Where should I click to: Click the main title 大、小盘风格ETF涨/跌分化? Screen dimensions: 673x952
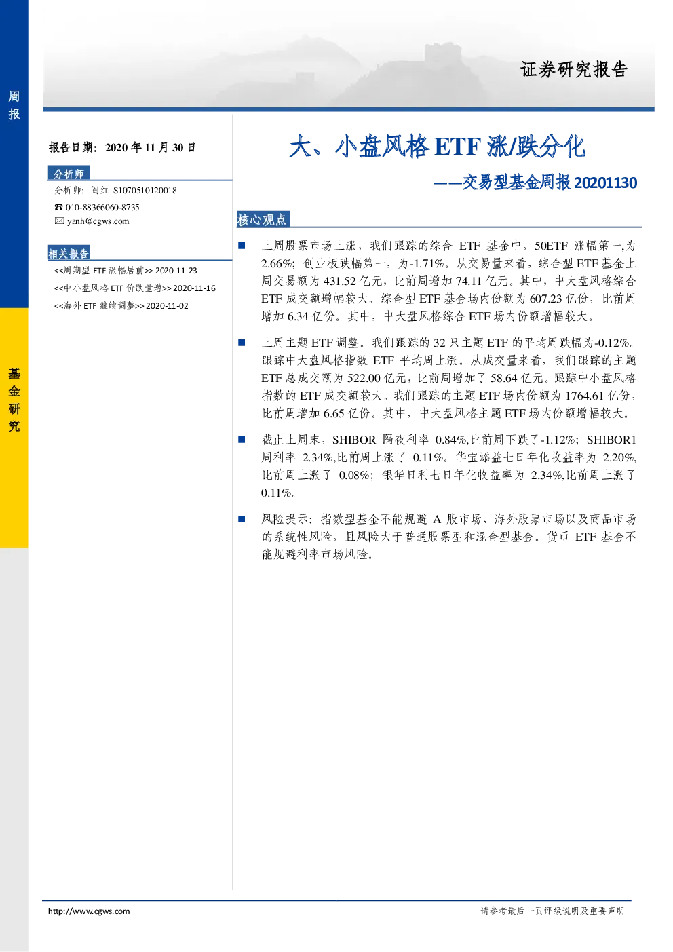[437, 147]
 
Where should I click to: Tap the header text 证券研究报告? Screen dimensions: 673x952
[574, 70]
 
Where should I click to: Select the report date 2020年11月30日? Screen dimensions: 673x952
[151, 147]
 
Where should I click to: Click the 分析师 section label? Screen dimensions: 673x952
[69, 174]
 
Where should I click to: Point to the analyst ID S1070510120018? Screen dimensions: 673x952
[145, 191]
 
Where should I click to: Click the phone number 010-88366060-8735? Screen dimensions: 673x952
[102, 208]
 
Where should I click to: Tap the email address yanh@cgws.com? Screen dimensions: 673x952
[98, 221]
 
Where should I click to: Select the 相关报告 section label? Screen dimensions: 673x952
[69, 253]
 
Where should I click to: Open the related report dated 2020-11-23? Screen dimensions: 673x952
[126, 271]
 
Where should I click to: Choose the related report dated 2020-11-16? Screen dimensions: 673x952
[135, 288]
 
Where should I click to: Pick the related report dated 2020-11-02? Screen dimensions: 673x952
[121, 306]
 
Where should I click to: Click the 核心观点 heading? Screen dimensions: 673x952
[262, 220]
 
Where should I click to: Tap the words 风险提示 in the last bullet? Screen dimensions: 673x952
[285, 519]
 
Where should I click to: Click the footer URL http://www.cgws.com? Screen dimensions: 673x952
[89, 911]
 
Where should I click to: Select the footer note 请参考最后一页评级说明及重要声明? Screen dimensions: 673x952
[553, 911]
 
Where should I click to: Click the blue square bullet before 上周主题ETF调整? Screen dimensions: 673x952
[242, 343]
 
